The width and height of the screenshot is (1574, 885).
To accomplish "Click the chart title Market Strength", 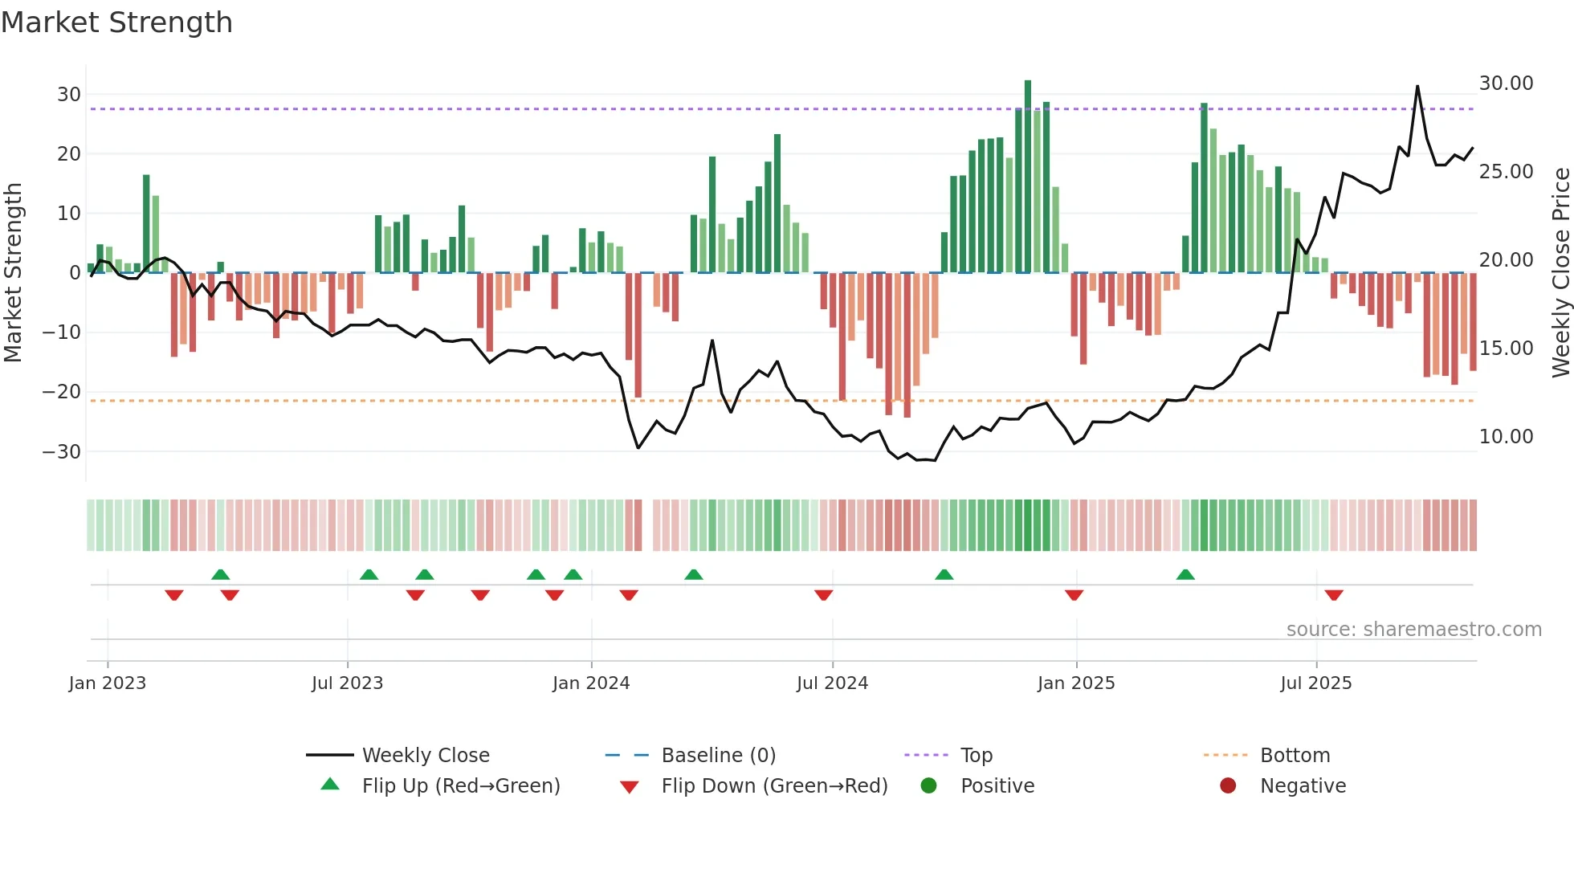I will point(116,22).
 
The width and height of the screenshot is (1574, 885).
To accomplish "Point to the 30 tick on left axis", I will point(69,95).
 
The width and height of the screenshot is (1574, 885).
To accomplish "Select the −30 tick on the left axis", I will point(62,451).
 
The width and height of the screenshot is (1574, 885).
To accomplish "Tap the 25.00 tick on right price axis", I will point(1506,172).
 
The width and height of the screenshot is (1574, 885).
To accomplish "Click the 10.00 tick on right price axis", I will point(1506,437).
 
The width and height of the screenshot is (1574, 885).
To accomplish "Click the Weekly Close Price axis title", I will point(1560,271).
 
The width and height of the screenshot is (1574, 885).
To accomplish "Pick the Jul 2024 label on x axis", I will point(832,683).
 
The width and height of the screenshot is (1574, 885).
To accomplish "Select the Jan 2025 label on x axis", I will point(1075,683).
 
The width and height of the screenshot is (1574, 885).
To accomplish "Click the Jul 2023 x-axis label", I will point(347,683).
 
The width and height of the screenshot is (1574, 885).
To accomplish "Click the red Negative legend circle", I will point(1227,786).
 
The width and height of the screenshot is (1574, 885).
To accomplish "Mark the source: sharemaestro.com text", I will point(1413,630).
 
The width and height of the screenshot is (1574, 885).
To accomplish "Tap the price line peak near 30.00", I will point(1417,87).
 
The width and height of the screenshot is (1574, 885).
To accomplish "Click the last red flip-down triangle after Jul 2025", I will point(1334,595).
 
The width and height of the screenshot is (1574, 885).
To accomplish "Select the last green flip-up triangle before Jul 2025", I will point(1185,574).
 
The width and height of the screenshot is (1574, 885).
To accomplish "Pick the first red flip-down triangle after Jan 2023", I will point(174,595).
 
